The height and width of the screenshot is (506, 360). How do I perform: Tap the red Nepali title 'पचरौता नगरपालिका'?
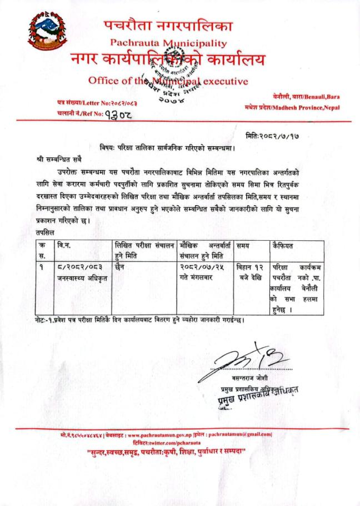(x=168, y=25)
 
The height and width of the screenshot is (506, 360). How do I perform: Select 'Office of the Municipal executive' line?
(x=168, y=81)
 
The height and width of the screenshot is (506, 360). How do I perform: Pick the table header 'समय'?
(x=243, y=245)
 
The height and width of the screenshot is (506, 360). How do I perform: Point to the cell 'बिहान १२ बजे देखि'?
(x=251, y=271)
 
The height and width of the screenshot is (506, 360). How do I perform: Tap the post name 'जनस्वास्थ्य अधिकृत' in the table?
(x=81, y=276)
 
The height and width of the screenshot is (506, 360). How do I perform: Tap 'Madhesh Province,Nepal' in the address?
(x=314, y=107)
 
